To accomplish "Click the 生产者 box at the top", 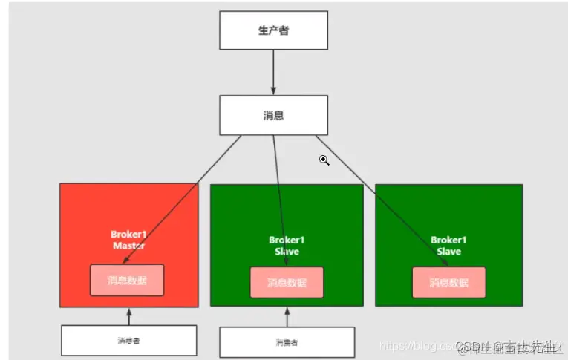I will click(x=272, y=31).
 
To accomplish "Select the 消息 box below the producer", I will click(x=272, y=115).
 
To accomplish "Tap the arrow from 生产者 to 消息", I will click(x=272, y=73).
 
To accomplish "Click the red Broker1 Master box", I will click(x=128, y=215).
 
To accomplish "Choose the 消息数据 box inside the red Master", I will click(x=127, y=281).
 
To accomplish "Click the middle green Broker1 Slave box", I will click(x=286, y=215).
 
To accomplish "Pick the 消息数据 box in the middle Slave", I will click(x=286, y=283).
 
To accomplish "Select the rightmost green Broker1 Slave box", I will click(x=448, y=215).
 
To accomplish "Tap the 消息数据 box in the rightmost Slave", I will click(x=448, y=282).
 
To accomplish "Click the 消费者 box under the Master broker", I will click(x=128, y=341).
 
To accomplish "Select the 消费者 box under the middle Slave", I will click(x=286, y=343).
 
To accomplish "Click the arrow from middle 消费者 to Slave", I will click(x=287, y=317).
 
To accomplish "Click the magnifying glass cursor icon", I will click(x=324, y=160).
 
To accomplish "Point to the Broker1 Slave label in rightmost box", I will click(x=448, y=246).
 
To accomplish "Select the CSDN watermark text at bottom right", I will click(x=505, y=347).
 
